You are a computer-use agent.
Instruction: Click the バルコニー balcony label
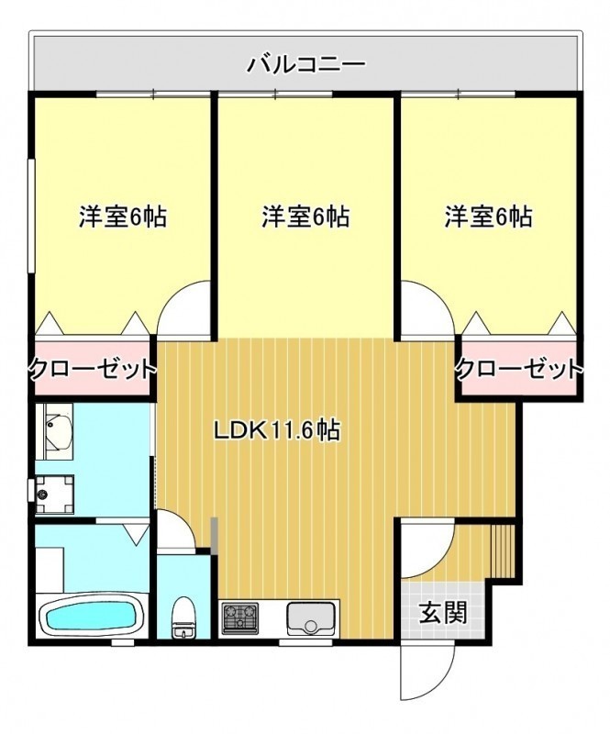[x=306, y=63]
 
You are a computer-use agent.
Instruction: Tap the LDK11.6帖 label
[x=277, y=429]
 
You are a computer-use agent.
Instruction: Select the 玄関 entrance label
[x=443, y=612]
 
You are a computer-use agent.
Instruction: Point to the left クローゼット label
[x=93, y=370]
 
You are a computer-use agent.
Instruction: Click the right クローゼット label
[x=520, y=370]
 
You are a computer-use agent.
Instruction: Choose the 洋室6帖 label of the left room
[x=123, y=217]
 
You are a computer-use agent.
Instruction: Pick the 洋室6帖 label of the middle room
[x=305, y=217]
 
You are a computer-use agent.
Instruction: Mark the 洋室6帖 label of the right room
[x=488, y=217]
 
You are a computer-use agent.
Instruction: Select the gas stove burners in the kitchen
[x=240, y=616]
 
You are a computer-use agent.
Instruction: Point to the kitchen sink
[x=309, y=617]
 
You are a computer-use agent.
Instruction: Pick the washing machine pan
[x=55, y=494]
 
